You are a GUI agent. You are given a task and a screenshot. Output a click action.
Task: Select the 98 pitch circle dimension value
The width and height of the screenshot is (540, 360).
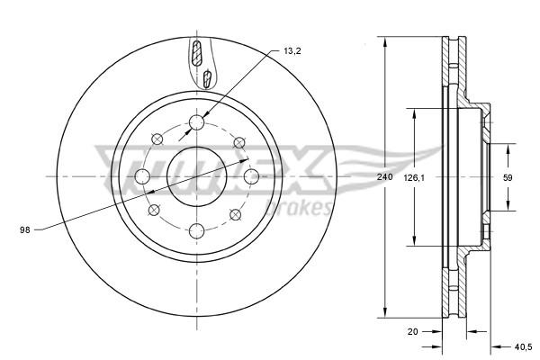coord(25,230)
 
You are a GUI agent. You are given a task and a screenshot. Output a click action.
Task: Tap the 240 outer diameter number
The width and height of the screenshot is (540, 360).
coord(385,177)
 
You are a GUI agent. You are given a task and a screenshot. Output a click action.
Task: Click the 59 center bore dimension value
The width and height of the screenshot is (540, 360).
coord(508,177)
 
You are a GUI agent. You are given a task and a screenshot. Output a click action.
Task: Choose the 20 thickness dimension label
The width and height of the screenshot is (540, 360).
coord(413,331)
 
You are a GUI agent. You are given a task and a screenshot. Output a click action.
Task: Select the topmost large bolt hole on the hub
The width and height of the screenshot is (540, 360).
coord(197,122)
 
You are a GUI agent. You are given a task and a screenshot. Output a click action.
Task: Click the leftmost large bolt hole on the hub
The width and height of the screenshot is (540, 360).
coord(142,176)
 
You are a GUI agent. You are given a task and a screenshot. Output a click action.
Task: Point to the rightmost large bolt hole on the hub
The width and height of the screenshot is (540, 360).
coord(251,176)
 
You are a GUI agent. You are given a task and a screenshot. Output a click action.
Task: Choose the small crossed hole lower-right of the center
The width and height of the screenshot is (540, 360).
coord(236,214)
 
